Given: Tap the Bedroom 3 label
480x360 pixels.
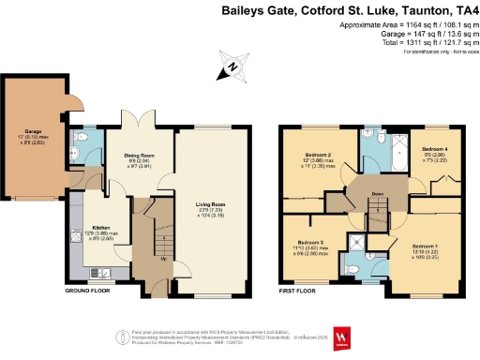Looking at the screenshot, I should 309,242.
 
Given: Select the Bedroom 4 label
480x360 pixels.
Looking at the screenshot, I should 434,150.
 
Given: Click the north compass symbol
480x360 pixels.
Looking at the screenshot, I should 228,68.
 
